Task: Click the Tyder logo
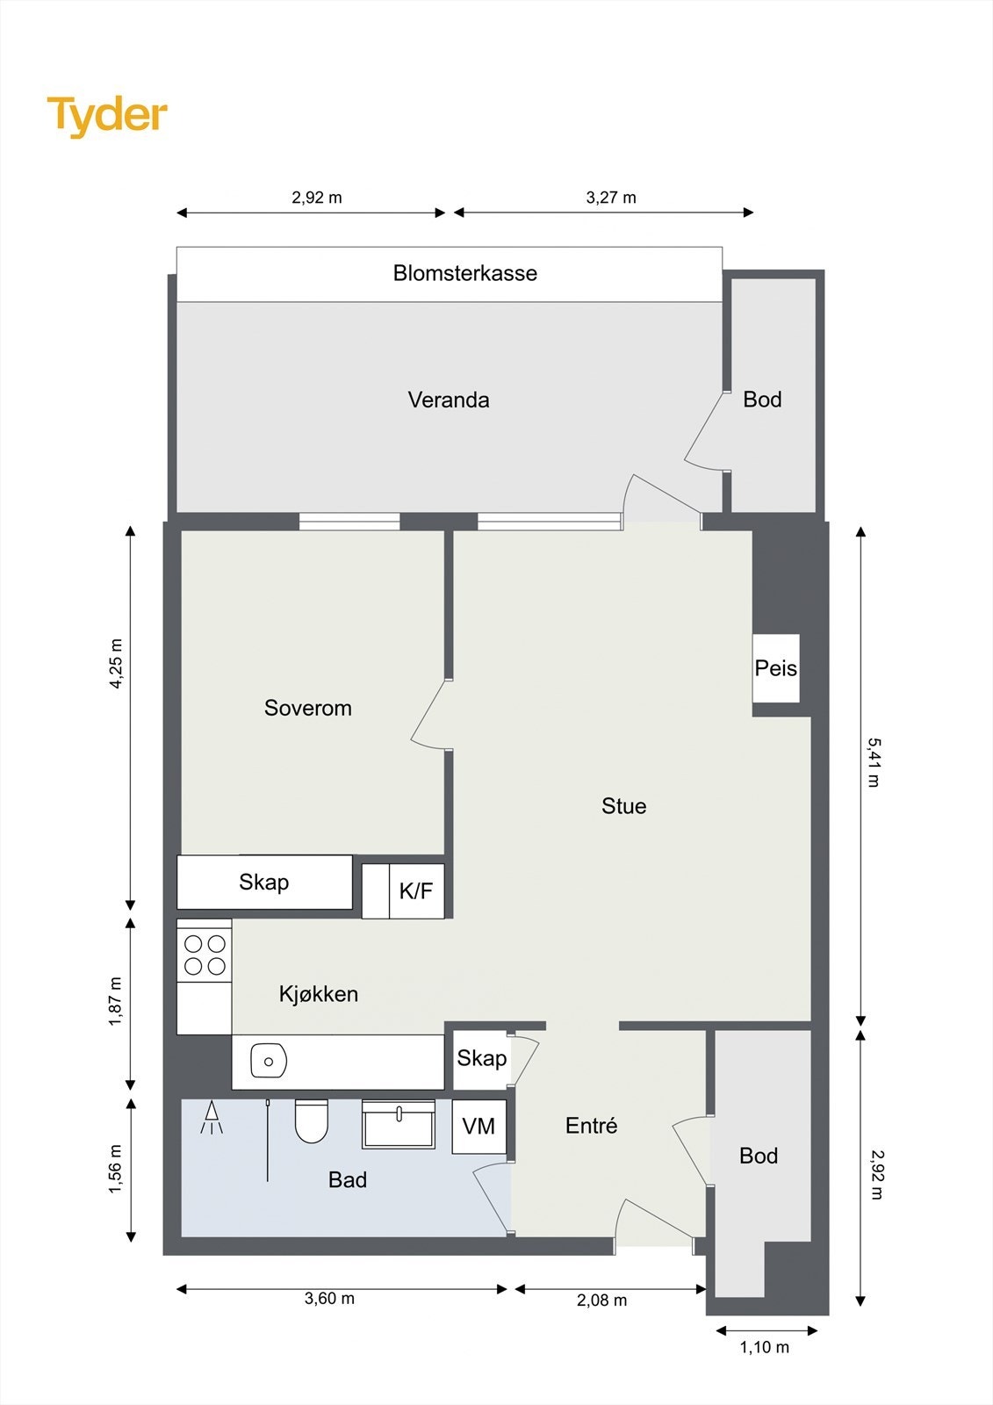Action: coord(106,115)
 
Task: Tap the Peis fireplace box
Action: coord(776,668)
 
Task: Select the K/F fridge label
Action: coord(415,891)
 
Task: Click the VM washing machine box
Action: coord(479,1126)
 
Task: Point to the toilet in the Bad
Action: coord(311,1121)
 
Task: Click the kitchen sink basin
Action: coord(269,1061)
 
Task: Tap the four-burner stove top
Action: coord(205,955)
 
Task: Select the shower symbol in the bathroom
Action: coord(211,1118)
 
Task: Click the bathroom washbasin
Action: coord(399,1124)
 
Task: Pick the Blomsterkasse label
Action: coord(464,273)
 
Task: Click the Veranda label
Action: coord(449,400)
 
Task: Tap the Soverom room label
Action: coord(307,708)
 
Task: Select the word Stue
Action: coord(623,806)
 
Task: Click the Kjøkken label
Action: coord(318,994)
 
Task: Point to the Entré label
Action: coord(591,1126)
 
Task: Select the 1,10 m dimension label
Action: coord(764,1347)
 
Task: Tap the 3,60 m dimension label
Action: coord(329,1298)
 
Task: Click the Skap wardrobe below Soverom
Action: coord(263,883)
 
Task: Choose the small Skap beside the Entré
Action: coord(481,1058)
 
